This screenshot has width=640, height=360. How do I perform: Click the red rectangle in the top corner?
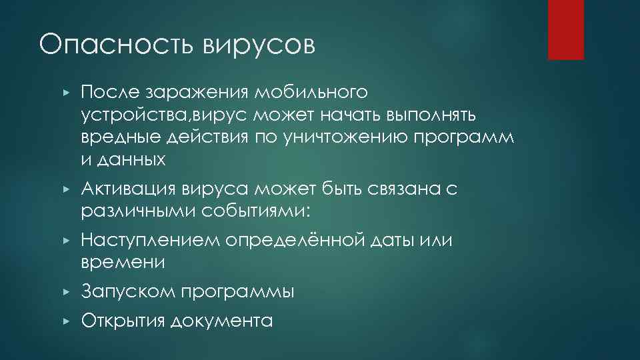pyautogui.click(x=565, y=29)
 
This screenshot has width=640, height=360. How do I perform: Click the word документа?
pyautogui.click(x=222, y=321)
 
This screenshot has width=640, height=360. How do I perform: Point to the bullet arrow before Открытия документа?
pyautogui.click(x=65, y=321)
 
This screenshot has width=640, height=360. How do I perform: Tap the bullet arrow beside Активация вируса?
pyautogui.click(x=65, y=191)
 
